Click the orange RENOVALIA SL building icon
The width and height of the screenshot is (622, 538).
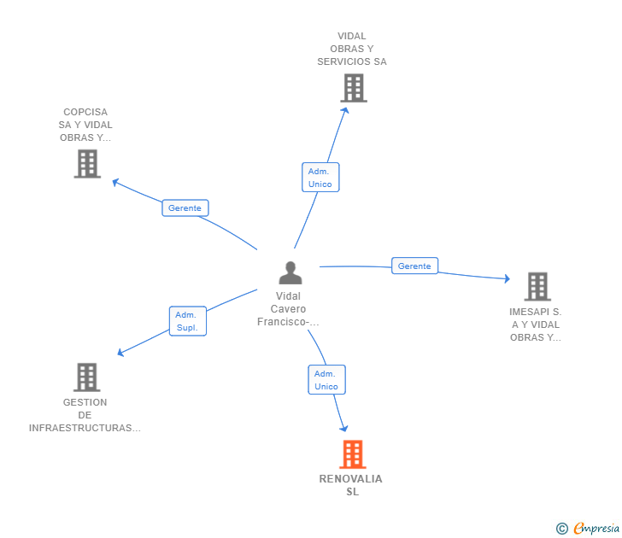point(352,454)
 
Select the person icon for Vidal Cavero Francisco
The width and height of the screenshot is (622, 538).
point(290,273)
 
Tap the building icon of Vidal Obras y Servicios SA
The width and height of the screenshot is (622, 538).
point(353,88)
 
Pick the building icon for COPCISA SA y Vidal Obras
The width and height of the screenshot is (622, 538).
point(87,163)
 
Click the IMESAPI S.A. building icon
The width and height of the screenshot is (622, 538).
point(537,287)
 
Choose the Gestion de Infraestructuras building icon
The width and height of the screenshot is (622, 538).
point(86,377)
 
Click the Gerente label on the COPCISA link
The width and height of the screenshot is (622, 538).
point(185,208)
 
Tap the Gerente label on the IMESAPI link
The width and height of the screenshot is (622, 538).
point(414,266)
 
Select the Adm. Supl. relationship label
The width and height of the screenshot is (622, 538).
point(188,321)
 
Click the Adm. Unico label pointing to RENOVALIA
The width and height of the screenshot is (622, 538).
point(326,380)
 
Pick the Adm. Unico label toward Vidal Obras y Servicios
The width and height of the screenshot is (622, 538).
point(320,178)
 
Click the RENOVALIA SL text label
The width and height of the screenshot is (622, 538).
point(351,485)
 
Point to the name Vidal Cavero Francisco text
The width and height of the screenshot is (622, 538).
point(289,309)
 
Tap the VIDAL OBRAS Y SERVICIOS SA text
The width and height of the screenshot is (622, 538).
point(352,49)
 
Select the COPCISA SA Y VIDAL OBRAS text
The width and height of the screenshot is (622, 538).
point(85,125)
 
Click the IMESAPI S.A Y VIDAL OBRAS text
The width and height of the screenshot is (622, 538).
point(536,325)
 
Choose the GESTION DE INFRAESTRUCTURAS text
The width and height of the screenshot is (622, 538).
point(85,415)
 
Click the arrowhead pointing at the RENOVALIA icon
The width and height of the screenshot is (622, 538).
point(344,427)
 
